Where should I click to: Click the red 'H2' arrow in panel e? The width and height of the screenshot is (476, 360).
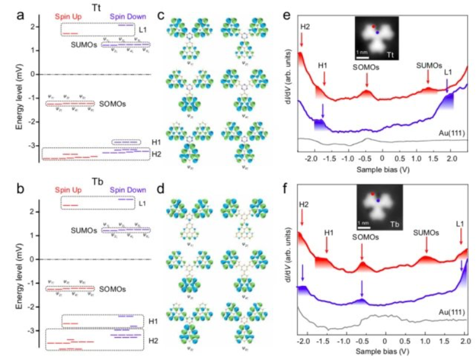coord(302,40)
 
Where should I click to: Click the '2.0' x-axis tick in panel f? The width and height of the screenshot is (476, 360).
coord(464,342)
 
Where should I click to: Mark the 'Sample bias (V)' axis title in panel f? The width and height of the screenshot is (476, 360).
coord(381,351)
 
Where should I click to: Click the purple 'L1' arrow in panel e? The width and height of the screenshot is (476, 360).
coord(447,89)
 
